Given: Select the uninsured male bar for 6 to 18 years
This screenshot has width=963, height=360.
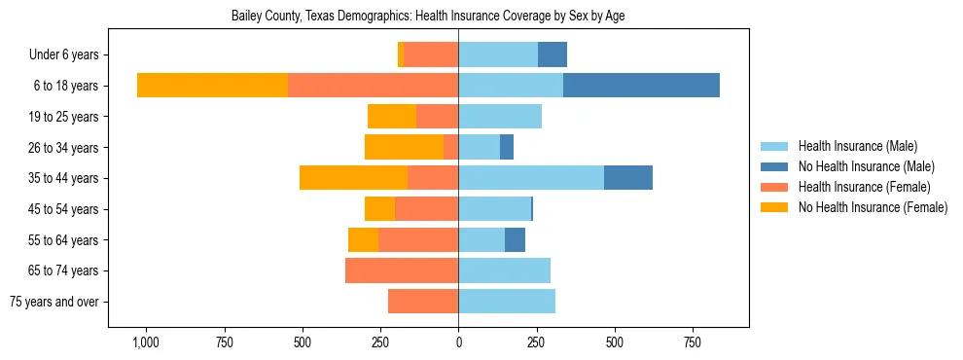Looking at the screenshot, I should (x=641, y=86).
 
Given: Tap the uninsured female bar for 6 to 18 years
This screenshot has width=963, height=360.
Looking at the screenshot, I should (x=212, y=86).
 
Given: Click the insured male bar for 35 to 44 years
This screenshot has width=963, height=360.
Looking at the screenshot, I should (x=531, y=178).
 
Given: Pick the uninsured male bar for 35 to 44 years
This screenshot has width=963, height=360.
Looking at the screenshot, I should (x=628, y=178).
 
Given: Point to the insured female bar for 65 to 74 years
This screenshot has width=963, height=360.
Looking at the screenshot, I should (x=402, y=270).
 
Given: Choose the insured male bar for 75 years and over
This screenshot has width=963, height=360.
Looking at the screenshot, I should (x=507, y=302).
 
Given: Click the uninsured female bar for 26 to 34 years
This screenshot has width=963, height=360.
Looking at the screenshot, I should (x=404, y=147).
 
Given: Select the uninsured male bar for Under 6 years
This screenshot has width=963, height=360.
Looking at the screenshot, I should (x=553, y=54).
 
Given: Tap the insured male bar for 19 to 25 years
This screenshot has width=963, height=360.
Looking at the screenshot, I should (x=500, y=117).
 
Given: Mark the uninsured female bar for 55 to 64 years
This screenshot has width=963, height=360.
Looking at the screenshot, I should (x=363, y=239).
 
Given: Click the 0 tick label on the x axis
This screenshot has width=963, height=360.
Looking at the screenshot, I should (x=458, y=343).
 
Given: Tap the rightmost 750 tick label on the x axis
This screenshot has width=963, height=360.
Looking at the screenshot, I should (x=693, y=343).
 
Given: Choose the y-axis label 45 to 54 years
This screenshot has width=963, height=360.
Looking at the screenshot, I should (x=64, y=209).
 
